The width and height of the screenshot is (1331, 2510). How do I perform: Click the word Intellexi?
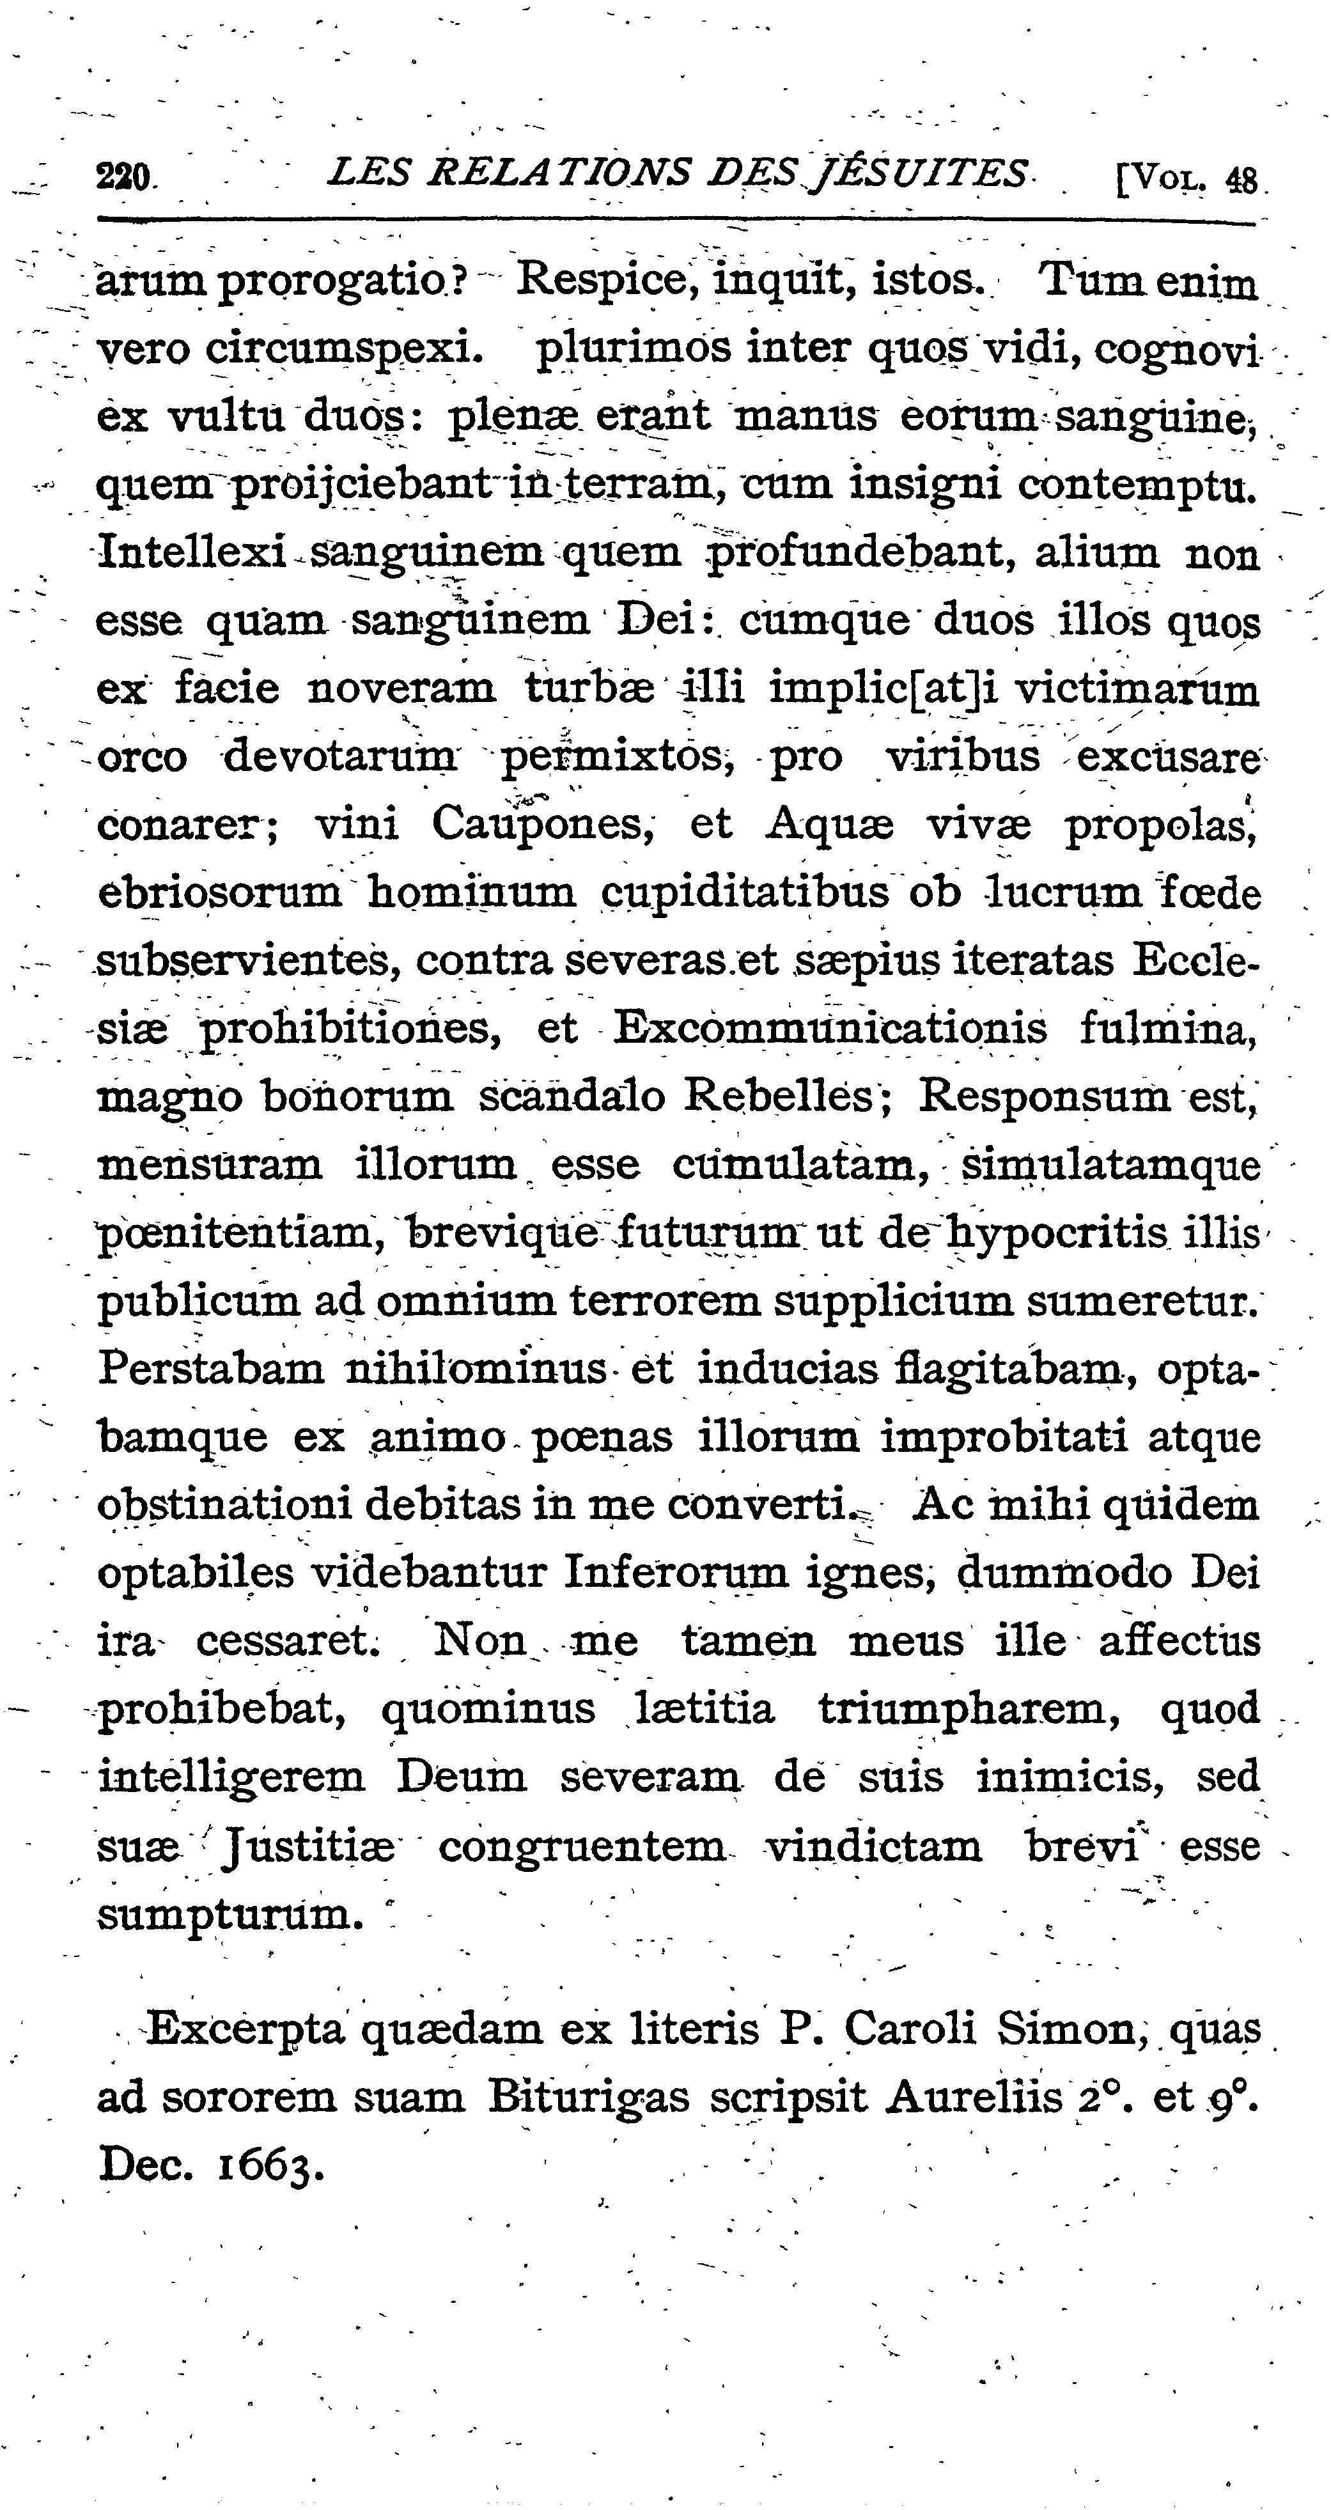click(x=193, y=554)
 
